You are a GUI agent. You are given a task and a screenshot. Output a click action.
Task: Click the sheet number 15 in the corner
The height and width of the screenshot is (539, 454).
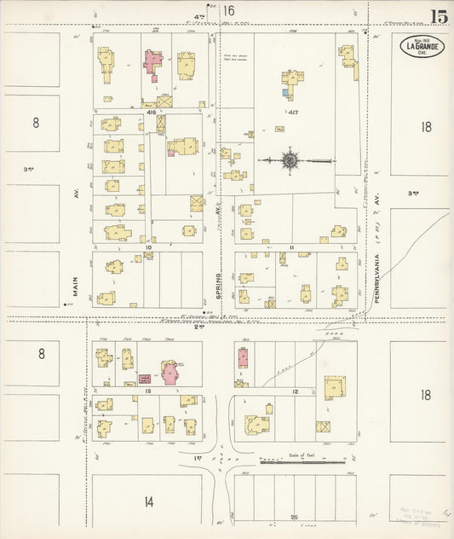point(440,16)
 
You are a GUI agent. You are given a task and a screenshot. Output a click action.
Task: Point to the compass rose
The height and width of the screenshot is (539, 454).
point(290,159)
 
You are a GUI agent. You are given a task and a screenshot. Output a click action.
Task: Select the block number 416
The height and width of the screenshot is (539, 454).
point(151,112)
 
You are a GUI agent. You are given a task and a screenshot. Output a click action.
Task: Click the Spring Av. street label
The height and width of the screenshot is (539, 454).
point(219,285)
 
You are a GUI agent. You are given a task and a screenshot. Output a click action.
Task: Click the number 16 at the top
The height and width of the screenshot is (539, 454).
point(227,11)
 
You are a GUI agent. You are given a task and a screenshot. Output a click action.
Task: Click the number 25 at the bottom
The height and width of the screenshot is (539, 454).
point(293,517)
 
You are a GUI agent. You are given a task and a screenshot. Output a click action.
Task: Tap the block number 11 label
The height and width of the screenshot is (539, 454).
point(290,247)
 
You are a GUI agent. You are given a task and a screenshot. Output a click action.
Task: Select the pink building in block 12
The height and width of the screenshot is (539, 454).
point(242,357)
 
